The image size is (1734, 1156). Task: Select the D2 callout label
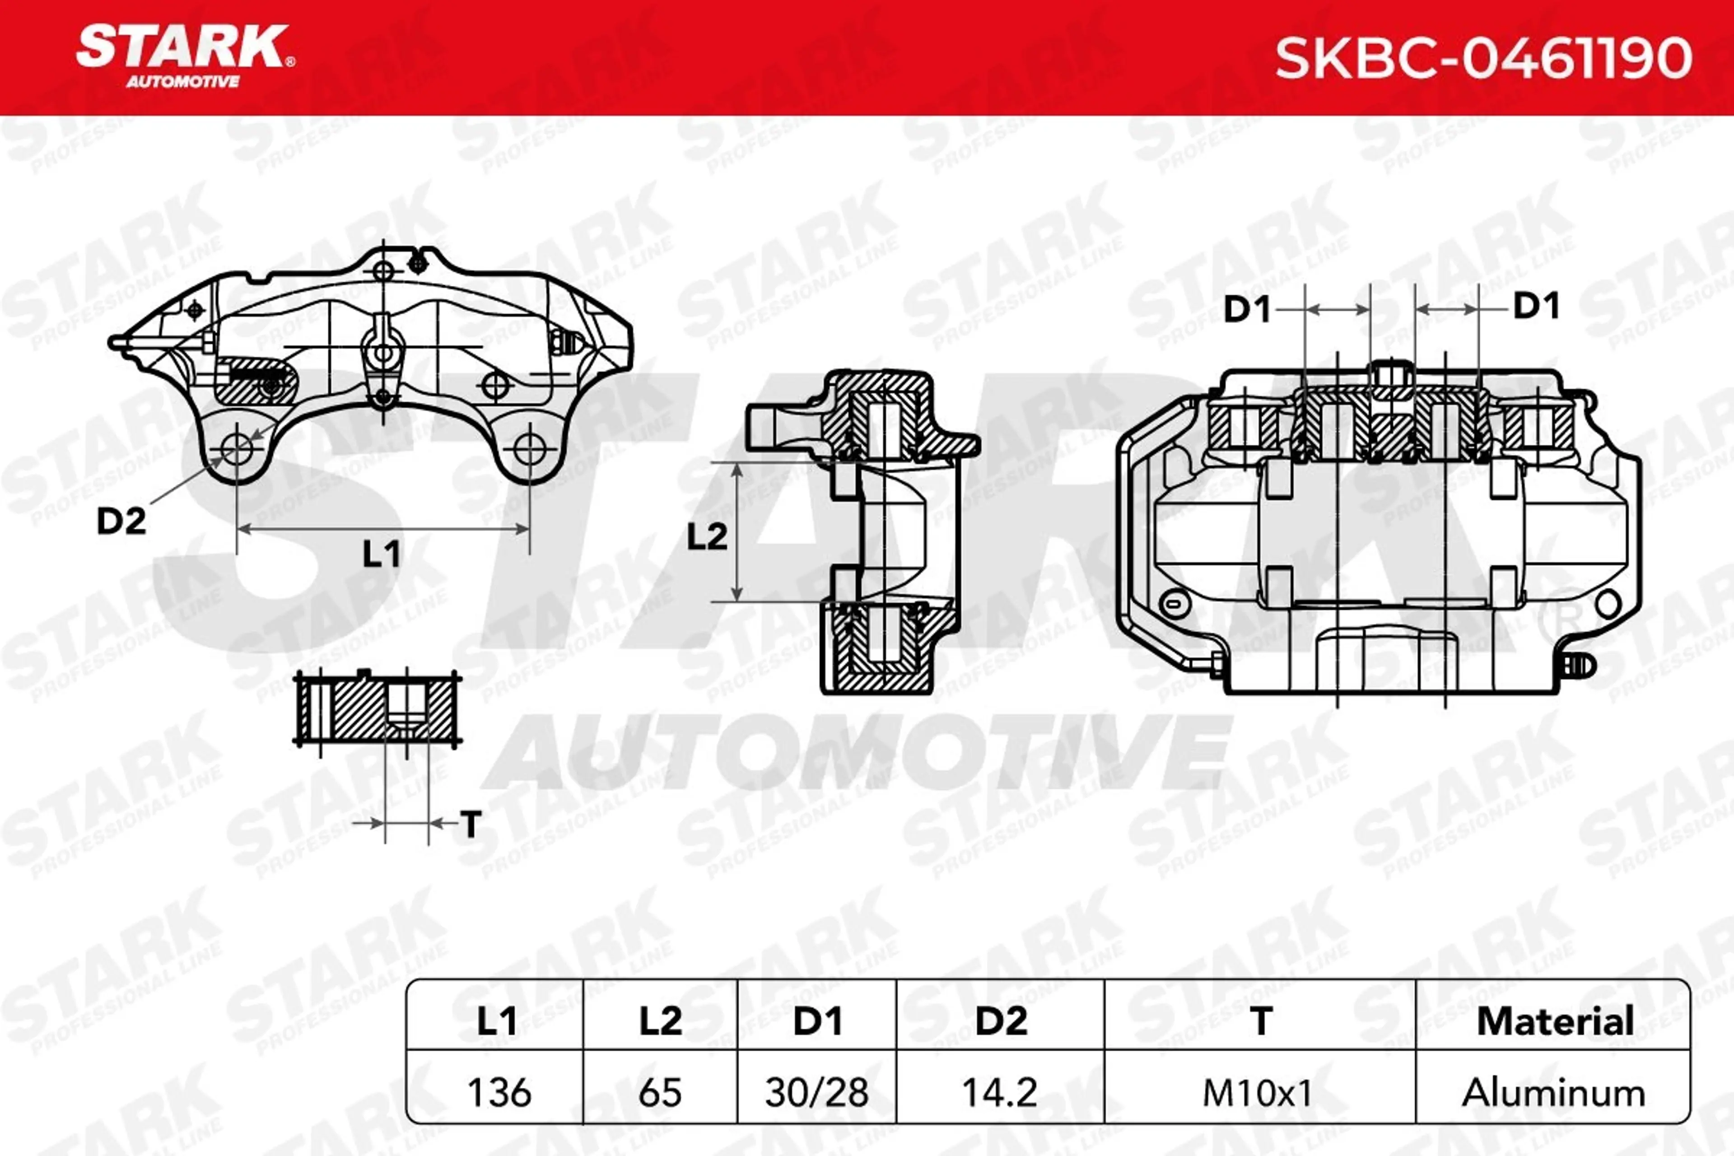[121, 521]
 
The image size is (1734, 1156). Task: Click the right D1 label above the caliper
[1536, 305]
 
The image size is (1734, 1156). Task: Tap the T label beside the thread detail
[471, 824]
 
